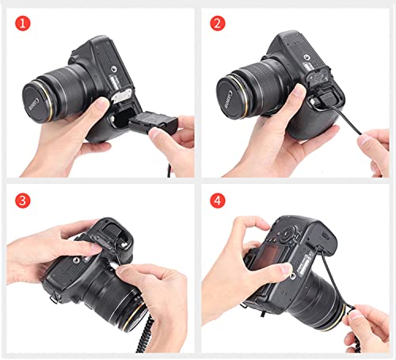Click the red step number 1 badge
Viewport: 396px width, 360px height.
[x=23, y=23]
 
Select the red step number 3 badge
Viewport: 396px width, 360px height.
[x=23, y=201]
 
